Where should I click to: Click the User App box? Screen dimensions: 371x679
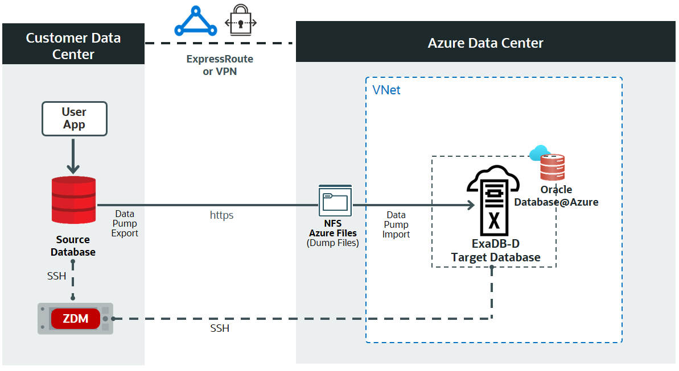[x=74, y=119]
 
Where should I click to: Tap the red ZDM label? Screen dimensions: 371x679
[x=76, y=319]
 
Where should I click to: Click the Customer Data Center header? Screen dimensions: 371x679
[x=73, y=46]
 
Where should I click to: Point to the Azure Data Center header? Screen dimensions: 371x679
[x=485, y=43]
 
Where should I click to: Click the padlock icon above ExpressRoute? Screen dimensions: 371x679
[x=240, y=22]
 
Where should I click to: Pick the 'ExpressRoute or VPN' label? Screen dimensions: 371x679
[x=220, y=65]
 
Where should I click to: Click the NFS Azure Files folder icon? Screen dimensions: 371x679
[x=334, y=201]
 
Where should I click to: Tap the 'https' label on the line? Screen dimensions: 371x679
[x=221, y=215]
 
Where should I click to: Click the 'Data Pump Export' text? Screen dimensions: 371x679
[x=125, y=223]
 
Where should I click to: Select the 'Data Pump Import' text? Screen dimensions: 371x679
[x=396, y=224]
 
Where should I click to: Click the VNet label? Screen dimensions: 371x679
[x=386, y=90]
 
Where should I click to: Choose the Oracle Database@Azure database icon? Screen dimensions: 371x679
[x=552, y=167]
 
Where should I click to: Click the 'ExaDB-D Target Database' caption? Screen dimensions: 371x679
[x=495, y=251]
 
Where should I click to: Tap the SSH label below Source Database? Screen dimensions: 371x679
[x=56, y=276]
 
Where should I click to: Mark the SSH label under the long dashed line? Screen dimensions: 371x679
[x=220, y=328]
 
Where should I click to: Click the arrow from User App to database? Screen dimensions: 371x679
[x=73, y=155]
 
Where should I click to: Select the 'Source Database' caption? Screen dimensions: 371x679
[x=73, y=246]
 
